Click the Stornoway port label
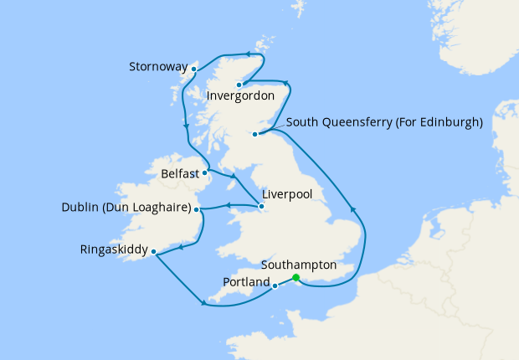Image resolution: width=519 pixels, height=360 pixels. [158, 66]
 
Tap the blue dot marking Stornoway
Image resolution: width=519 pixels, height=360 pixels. [194, 69]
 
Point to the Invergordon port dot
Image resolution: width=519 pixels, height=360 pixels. [239, 84]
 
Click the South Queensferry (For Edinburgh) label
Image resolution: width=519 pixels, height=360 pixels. [385, 122]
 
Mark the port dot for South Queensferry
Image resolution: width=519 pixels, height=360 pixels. [255, 133]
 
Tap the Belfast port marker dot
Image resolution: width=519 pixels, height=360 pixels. [205, 173]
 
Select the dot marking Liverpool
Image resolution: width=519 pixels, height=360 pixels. [262, 206]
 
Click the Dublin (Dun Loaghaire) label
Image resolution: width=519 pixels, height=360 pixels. [126, 208]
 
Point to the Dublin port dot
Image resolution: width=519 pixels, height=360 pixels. [198, 210]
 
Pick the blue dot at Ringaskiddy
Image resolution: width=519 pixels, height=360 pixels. [153, 250]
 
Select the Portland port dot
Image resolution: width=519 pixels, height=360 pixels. [275, 285]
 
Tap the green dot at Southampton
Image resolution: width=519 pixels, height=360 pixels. [295, 278]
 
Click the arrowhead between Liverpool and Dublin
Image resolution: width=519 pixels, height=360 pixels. [227, 207]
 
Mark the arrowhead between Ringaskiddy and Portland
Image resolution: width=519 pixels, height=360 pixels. [203, 303]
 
